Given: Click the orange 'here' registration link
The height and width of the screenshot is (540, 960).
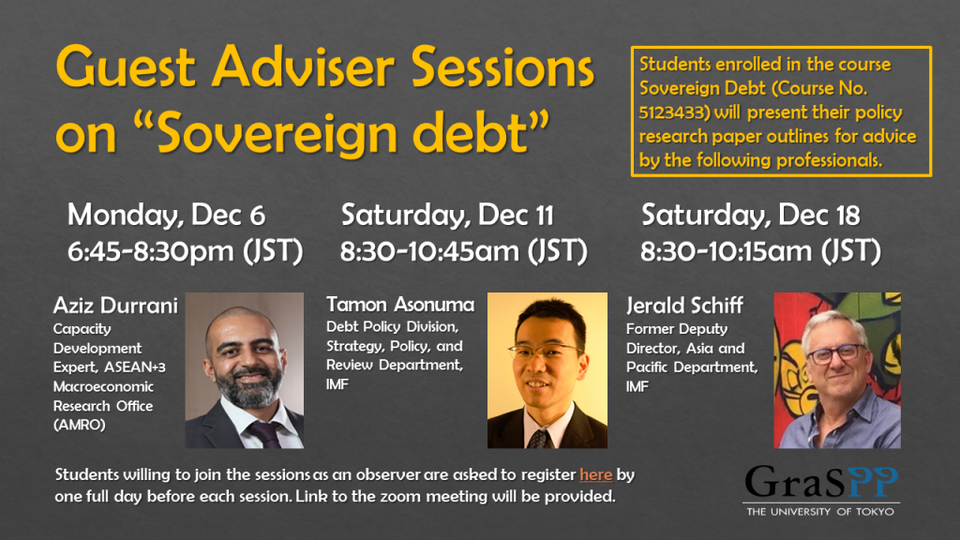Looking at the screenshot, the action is [595, 474].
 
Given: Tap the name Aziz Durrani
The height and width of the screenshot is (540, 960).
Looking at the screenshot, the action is [115, 305].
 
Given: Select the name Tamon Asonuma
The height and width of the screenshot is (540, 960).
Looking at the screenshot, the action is [400, 305].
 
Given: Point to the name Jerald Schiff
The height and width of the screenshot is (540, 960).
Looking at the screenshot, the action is [684, 305].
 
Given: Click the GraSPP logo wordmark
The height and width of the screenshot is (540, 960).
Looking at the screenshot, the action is [821, 482].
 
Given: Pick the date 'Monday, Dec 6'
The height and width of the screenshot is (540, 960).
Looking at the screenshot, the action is [166, 215].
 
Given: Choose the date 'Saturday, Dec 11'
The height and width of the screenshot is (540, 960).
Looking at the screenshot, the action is [447, 215].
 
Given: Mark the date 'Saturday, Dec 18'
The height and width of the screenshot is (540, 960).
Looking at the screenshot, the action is [751, 215].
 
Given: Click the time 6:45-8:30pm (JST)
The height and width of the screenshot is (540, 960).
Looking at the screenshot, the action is [185, 251].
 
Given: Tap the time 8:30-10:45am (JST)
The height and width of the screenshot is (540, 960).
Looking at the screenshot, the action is [463, 251].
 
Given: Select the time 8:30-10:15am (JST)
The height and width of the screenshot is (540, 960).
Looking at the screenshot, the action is [760, 251].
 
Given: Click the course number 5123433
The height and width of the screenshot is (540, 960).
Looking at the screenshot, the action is [670, 112].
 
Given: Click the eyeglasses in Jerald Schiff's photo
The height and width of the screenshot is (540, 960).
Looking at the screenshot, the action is [836, 354].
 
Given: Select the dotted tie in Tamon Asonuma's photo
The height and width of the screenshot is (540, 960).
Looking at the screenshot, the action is [539, 439].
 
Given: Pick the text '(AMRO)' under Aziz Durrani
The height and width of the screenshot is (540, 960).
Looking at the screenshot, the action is [79, 425].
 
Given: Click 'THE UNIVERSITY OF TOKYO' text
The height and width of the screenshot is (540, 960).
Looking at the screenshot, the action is [819, 512].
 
